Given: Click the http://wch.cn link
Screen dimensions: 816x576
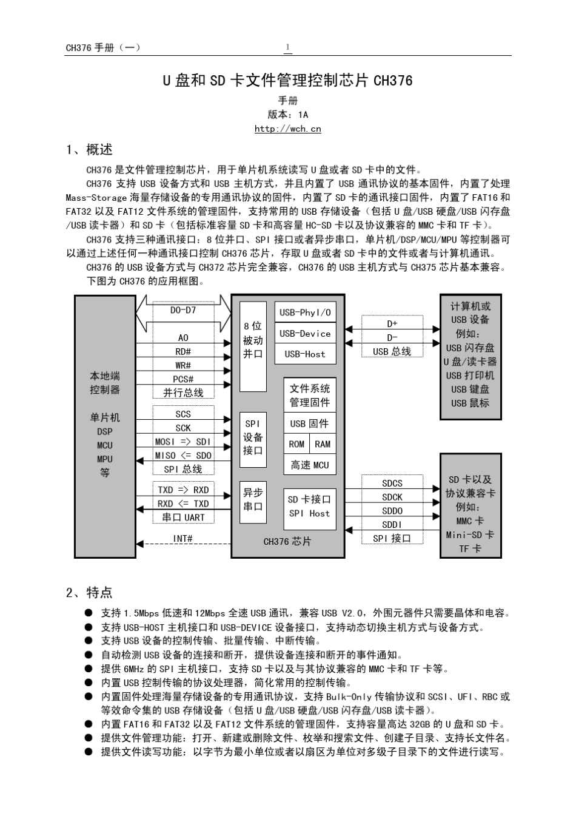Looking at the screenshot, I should [287, 129].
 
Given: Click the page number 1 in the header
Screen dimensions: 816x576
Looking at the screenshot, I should [287, 47].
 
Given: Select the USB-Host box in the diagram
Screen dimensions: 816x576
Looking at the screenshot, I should [305, 354].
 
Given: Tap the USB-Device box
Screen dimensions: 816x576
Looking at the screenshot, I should [305, 333].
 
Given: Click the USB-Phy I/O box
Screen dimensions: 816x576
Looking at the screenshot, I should [305, 312].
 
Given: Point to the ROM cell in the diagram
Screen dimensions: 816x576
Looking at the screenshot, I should [296, 444].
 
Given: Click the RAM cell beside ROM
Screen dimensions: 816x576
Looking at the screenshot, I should [323, 444].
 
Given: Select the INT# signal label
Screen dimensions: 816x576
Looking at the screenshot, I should [183, 538].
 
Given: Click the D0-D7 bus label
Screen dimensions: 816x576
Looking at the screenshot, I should [183, 310].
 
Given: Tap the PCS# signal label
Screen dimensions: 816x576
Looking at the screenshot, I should [183, 379].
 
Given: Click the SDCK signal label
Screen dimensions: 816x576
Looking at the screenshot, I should [392, 497].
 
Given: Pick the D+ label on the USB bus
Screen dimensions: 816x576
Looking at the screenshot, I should [392, 323].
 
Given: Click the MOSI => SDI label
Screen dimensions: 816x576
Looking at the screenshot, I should [183, 442].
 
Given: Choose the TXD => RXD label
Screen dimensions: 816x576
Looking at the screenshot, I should [183, 490].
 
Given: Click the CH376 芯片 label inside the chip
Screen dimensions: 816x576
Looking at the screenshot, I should [287, 541].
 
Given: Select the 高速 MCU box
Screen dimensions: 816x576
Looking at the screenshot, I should [309, 465].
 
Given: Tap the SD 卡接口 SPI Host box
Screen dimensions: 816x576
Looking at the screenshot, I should [309, 506].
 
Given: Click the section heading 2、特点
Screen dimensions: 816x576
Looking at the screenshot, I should [89, 592].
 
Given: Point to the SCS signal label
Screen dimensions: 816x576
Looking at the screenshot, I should [183, 414].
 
